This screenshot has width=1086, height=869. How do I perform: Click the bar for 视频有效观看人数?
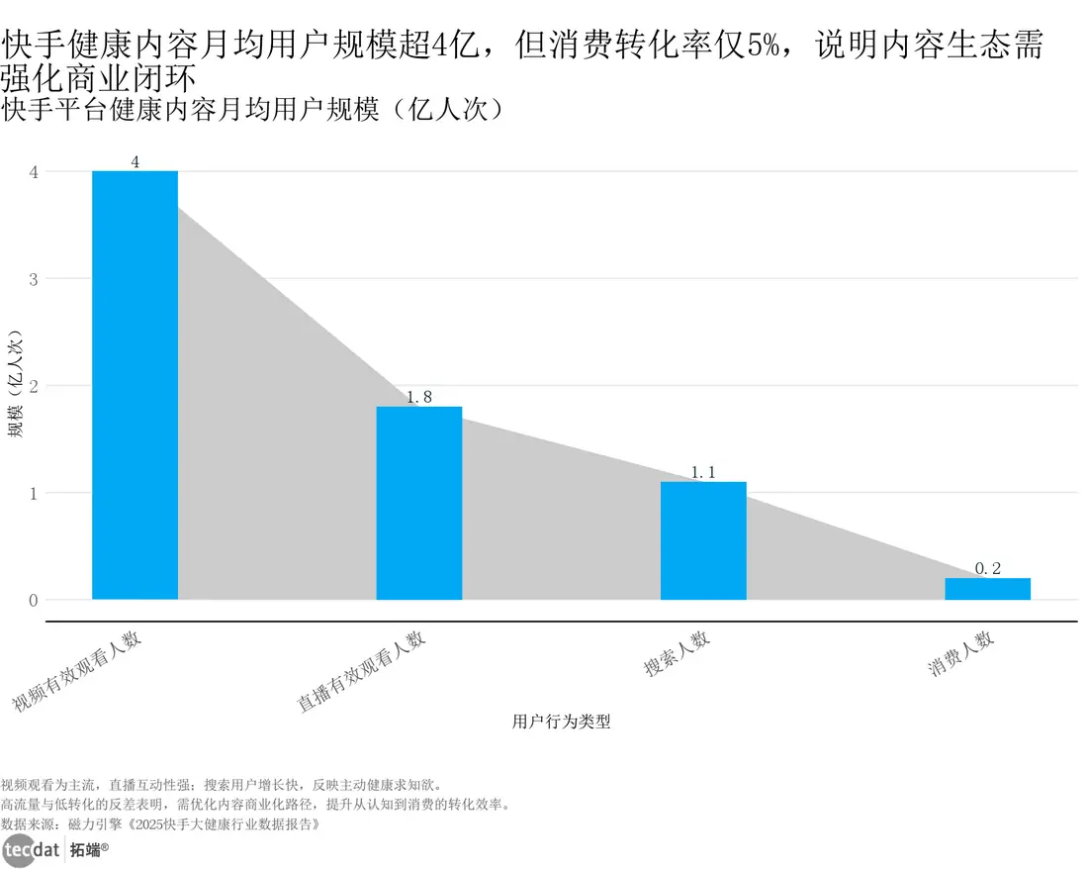[x=135, y=385]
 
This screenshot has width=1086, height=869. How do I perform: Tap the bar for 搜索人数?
[x=703, y=540]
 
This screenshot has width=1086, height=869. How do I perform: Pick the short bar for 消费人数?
[x=987, y=589]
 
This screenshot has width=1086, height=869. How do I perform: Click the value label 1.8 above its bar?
[x=419, y=397]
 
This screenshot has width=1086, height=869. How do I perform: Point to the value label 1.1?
[x=703, y=473]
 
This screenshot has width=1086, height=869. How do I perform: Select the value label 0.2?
[x=987, y=568]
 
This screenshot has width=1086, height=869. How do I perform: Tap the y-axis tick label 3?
[x=34, y=279]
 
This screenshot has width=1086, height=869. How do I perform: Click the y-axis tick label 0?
[x=34, y=600]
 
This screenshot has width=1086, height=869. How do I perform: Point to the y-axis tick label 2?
[x=34, y=386]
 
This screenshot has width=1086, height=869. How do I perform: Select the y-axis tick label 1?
[x=34, y=493]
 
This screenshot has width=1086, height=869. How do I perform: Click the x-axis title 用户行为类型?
[x=561, y=722]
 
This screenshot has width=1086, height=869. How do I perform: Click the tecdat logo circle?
[x=19, y=850]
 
